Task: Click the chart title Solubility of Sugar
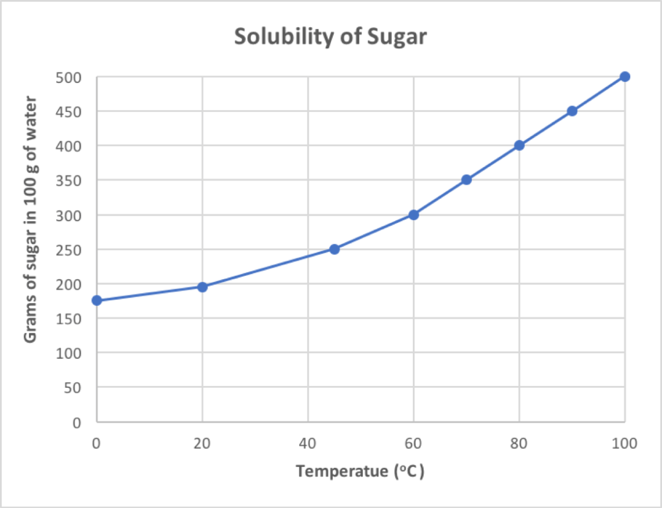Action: pyautogui.click(x=330, y=37)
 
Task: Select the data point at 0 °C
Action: pyautogui.click(x=97, y=300)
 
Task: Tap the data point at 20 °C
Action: pyautogui.click(x=202, y=287)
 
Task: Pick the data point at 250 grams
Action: pyautogui.click(x=334, y=249)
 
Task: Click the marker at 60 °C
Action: pyautogui.click(x=413, y=215)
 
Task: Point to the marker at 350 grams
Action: pyautogui.click(x=466, y=180)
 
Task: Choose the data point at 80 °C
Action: pyautogui.click(x=519, y=145)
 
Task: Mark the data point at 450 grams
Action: pyautogui.click(x=572, y=111)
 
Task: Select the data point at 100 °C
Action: pyautogui.click(x=624, y=77)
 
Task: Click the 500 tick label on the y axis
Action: pyautogui.click(x=69, y=77)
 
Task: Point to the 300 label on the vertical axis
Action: pyautogui.click(x=69, y=215)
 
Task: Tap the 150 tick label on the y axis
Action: pyautogui.click(x=69, y=318)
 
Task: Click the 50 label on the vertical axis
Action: pyautogui.click(x=73, y=387)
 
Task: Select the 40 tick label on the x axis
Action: pyautogui.click(x=308, y=444)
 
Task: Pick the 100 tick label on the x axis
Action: pyautogui.click(x=624, y=444)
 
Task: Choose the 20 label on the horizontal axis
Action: pyautogui.click(x=202, y=444)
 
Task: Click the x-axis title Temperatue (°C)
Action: pyautogui.click(x=360, y=471)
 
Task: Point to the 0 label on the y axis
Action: pyautogui.click(x=77, y=422)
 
